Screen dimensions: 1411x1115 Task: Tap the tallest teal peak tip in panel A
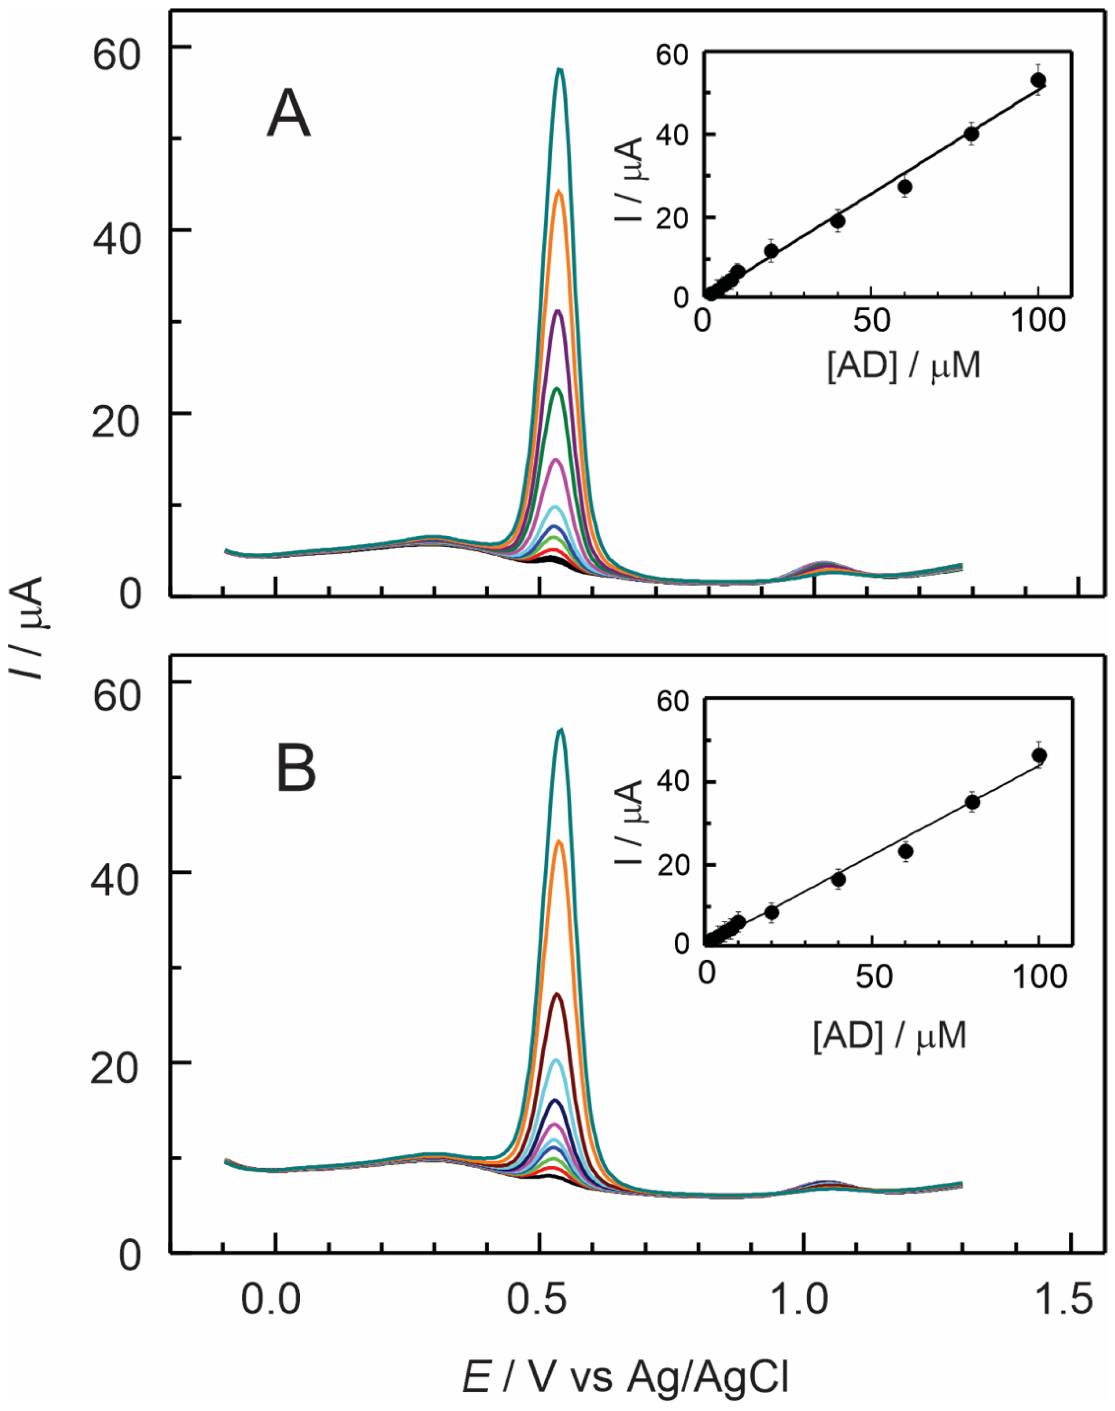point(559,69)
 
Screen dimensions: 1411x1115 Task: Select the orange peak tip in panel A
point(559,191)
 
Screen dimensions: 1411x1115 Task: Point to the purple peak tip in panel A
point(557,311)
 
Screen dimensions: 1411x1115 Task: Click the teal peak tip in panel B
point(560,730)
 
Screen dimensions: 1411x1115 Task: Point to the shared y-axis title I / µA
point(27,627)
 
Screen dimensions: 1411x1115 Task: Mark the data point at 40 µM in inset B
point(839,879)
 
